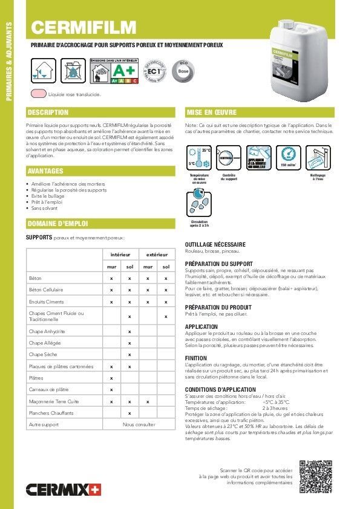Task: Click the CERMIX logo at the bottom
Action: (62, 488)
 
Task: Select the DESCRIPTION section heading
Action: (49, 112)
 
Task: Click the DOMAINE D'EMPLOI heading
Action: (58, 224)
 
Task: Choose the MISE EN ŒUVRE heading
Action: (212, 112)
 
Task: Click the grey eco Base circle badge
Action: (184, 70)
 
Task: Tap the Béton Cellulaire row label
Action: (47, 290)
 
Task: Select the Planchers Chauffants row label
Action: (51, 413)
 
